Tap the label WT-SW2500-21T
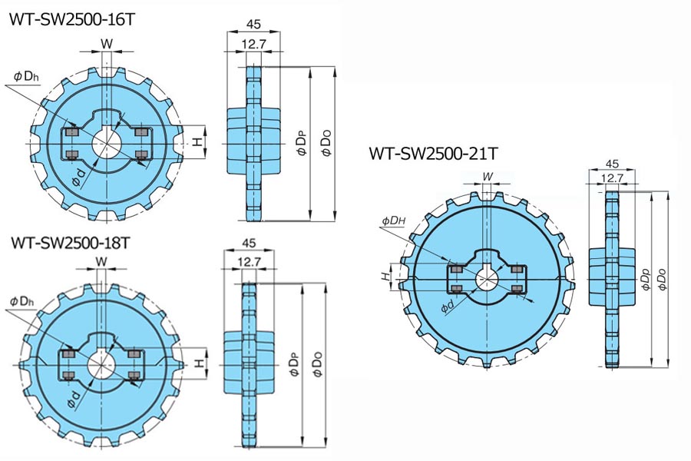(x=432, y=154)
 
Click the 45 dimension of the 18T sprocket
(x=247, y=243)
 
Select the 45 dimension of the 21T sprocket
(x=612, y=164)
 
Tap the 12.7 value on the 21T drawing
(x=612, y=178)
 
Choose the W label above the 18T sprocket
(x=101, y=261)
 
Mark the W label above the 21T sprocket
(x=488, y=177)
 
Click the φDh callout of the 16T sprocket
(x=28, y=75)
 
